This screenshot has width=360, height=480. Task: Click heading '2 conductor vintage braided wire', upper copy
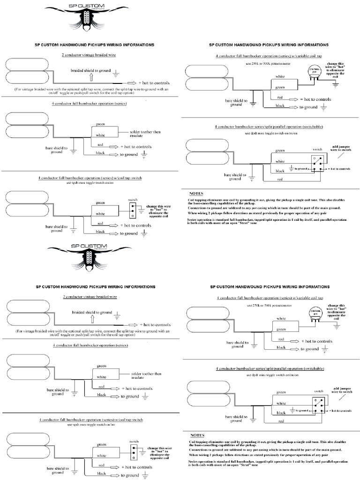[x=90, y=55]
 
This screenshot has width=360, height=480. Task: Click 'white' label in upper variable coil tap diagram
[x=280, y=76]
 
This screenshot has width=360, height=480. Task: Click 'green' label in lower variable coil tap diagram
[x=281, y=329]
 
